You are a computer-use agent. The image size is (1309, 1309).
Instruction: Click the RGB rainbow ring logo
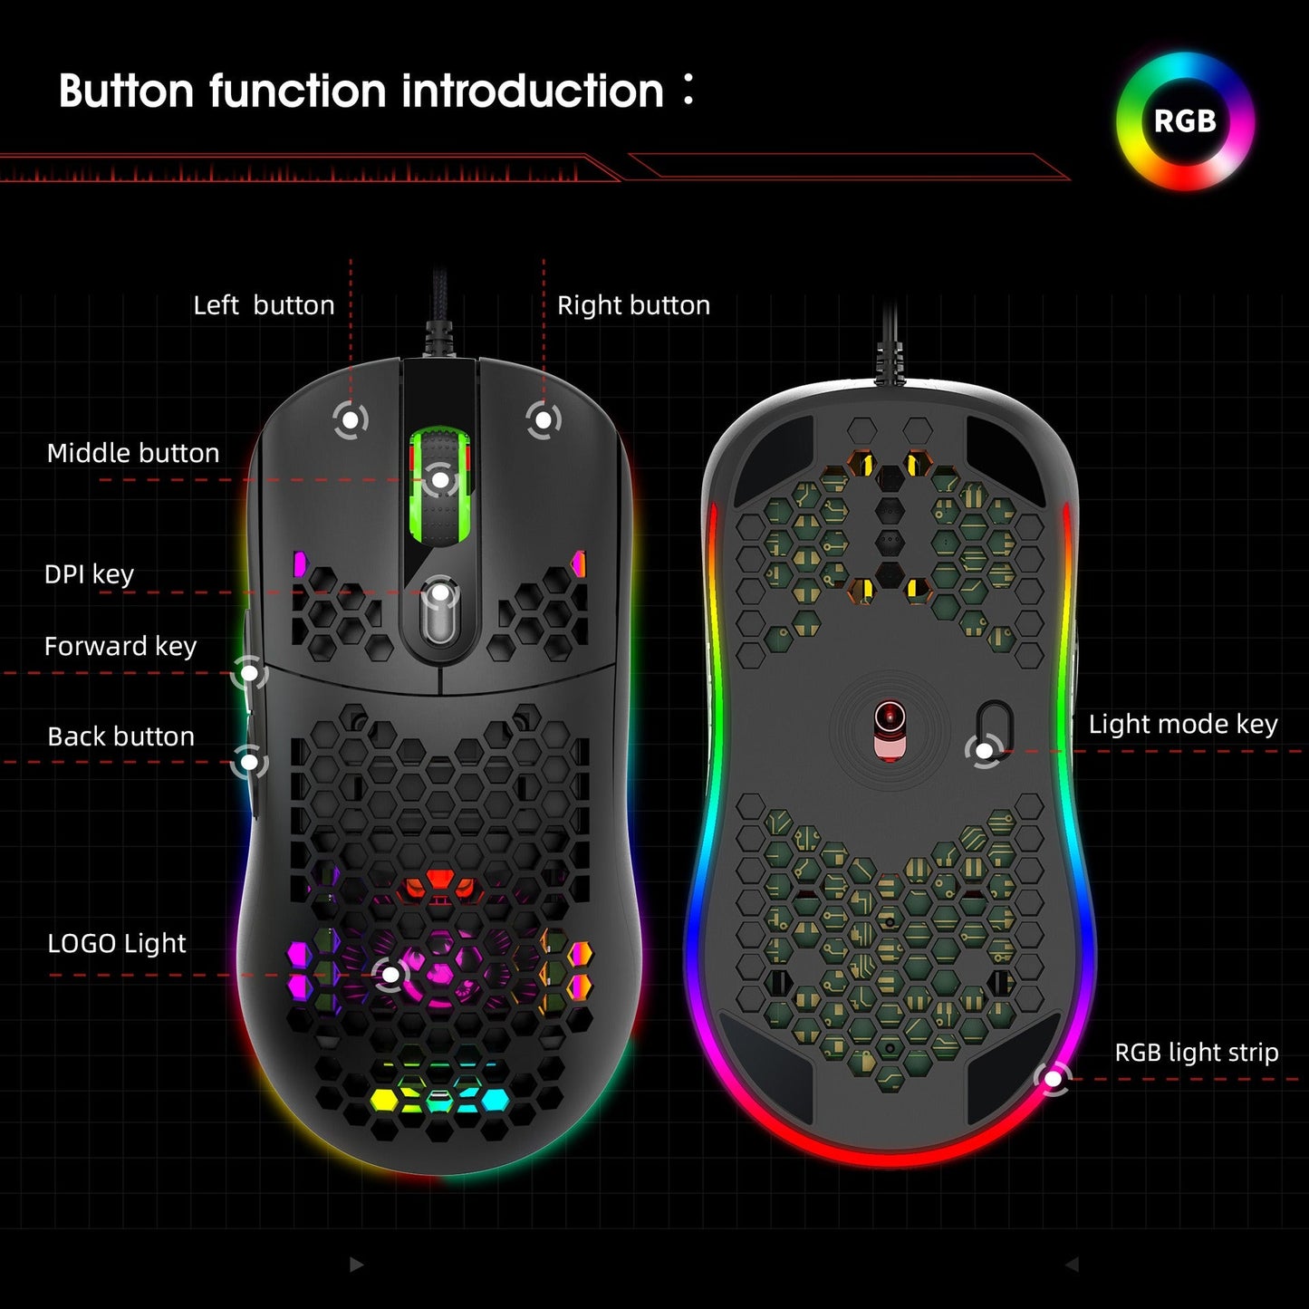(x=1185, y=121)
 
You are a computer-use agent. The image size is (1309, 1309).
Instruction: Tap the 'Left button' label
(x=264, y=305)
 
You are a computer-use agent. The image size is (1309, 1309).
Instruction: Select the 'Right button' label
(x=633, y=305)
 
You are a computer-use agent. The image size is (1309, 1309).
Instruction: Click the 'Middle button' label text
(x=133, y=453)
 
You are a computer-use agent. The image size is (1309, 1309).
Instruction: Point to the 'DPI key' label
(x=89, y=574)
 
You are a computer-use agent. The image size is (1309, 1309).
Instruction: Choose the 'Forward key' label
(x=120, y=646)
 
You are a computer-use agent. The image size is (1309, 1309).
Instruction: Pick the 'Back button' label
(x=120, y=736)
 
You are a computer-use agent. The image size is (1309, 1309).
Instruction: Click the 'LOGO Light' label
(x=116, y=943)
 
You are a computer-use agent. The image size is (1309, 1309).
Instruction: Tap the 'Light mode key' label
(x=1183, y=724)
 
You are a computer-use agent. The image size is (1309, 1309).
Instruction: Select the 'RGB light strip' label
(x=1196, y=1053)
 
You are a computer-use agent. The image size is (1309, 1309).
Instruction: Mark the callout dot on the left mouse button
(x=350, y=419)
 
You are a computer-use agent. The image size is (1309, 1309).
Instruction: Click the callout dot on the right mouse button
(x=543, y=419)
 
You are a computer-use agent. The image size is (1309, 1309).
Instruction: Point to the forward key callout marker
(x=249, y=673)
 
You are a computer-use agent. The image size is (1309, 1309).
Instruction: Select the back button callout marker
(x=249, y=762)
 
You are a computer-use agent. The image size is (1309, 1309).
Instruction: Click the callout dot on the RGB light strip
(x=1053, y=1079)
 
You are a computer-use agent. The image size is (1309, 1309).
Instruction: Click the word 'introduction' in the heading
(x=533, y=91)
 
